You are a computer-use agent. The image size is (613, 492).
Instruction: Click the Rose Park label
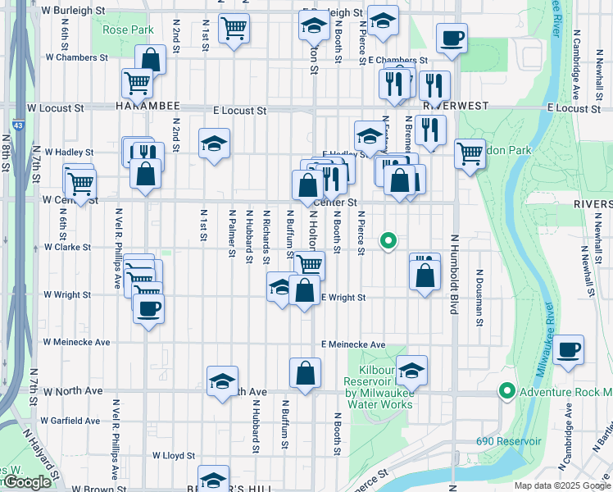point(129,30)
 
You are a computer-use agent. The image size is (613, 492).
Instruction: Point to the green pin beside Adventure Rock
point(507,392)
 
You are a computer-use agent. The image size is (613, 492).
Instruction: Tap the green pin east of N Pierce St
point(388,240)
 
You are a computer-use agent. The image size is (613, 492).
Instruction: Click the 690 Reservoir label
point(509,441)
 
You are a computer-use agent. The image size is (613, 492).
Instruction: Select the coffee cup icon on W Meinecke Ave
point(148,309)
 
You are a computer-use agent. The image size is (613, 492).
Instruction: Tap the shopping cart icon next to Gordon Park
point(470,153)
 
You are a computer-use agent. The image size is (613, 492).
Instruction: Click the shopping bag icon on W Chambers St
point(151,59)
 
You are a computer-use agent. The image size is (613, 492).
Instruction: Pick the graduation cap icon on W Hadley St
point(214,143)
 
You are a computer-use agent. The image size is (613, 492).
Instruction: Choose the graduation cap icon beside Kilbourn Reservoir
point(411,370)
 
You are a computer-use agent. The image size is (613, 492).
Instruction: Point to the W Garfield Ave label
point(71,421)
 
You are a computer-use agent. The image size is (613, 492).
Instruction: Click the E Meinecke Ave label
point(353,345)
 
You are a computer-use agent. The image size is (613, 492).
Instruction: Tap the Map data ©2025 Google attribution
point(561,485)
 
